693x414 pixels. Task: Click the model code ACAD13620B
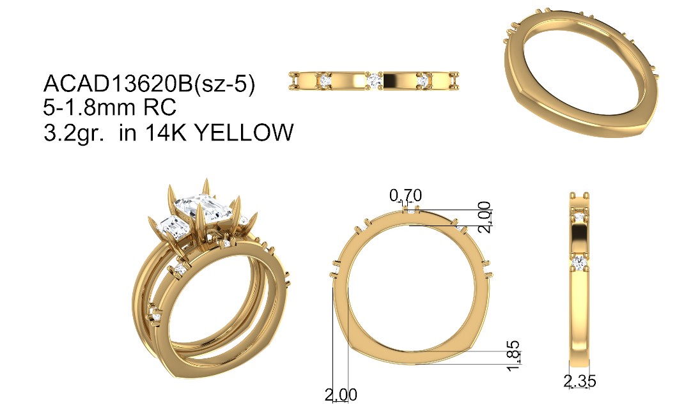(118, 84)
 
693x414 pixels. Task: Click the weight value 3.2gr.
(74, 133)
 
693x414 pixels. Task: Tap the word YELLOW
(244, 132)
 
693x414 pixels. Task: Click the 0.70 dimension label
(405, 195)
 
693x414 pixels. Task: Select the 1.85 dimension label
(513, 356)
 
